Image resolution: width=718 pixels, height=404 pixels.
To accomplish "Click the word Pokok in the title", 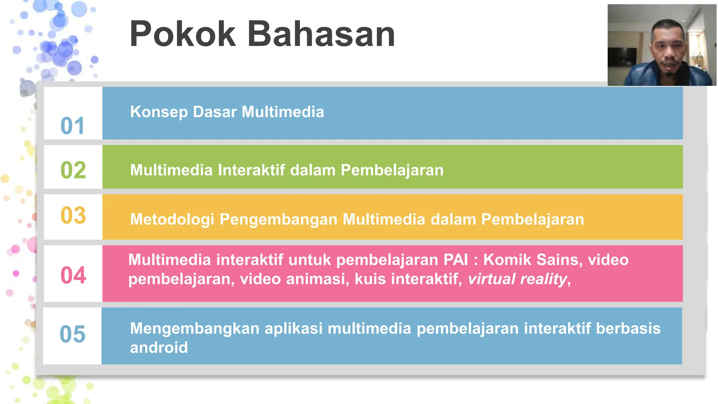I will pos(182,34).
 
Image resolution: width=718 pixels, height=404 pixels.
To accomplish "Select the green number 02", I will pos(73,170).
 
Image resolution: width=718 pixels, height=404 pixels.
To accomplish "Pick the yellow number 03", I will pos(73,215).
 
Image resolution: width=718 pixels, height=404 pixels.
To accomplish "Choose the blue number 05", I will pos(72,334).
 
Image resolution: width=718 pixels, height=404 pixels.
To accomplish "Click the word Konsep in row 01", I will pos(159,112).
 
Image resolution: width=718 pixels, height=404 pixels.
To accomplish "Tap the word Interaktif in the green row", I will pos(251,170).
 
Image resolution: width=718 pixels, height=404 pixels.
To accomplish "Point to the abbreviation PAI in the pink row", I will pos(455,260).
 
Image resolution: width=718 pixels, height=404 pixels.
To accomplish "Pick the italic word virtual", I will pos(491,279).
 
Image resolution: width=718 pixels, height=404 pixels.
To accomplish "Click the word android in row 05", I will pos(159,348).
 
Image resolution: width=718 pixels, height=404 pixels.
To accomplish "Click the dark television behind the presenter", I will pos(622,57).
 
